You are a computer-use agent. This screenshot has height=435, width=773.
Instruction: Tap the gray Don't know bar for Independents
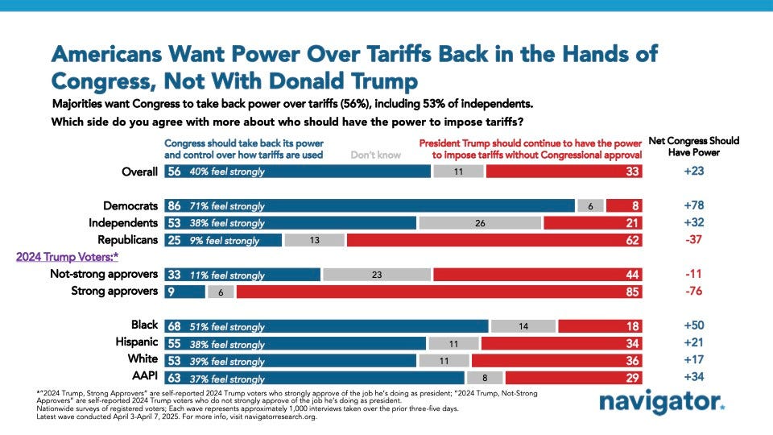480,222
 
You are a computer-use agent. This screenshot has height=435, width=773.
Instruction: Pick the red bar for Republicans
494,240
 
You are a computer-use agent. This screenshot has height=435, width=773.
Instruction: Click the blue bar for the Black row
326,325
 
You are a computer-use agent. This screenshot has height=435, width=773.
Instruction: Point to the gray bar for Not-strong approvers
377,275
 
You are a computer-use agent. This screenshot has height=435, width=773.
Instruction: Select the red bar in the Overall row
564,171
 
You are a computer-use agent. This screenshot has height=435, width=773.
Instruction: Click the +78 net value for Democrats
693,205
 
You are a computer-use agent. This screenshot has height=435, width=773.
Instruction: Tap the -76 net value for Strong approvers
693,292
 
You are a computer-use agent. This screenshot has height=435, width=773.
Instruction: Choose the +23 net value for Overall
693,171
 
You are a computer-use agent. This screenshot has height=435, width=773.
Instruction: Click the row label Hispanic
135,342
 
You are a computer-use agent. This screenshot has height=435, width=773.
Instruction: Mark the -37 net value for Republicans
693,240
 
